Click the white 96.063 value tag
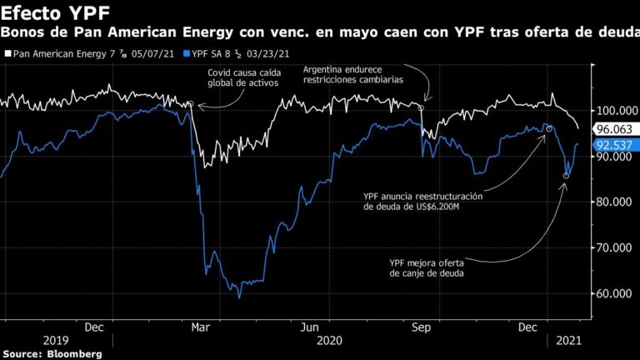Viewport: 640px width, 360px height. click(x=612, y=129)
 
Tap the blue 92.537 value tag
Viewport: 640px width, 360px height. click(x=612, y=144)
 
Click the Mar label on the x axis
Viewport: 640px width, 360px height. click(x=202, y=327)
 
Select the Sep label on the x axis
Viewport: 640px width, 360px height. click(x=420, y=327)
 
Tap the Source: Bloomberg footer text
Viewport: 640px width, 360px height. click(x=52, y=354)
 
